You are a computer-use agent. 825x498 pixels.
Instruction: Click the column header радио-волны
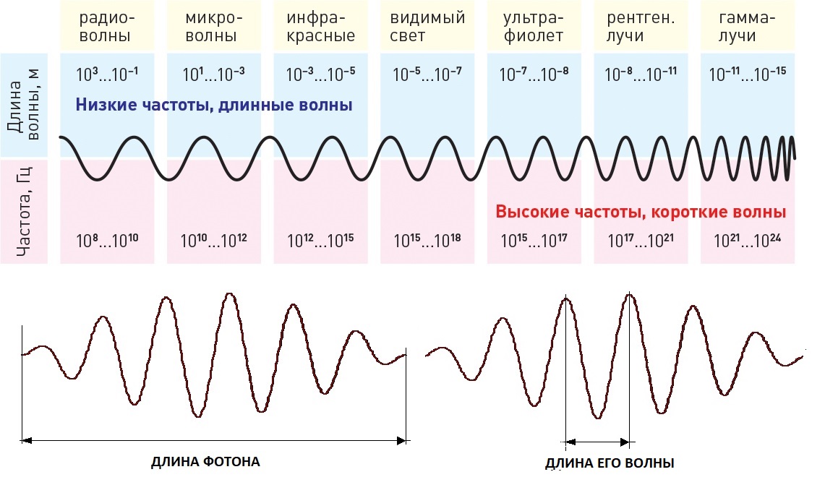point(106,27)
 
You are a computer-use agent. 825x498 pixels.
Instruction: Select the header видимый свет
point(427,27)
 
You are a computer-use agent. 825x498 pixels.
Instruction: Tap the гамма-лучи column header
point(748,27)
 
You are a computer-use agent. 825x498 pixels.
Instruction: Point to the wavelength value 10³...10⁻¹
point(106,74)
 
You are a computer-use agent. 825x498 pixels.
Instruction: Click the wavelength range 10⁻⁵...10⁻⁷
point(427,74)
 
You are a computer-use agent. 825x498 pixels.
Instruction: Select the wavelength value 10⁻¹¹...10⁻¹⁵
point(748,74)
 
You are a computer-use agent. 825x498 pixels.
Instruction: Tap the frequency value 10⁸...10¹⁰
point(106,241)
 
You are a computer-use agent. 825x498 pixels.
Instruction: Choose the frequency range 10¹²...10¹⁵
point(320,241)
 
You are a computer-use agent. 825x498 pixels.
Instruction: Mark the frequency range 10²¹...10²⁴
point(748,241)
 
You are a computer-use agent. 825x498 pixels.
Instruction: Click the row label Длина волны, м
point(24,105)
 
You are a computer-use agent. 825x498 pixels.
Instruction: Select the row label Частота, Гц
point(24,211)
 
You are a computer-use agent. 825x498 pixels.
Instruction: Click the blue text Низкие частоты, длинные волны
point(214,106)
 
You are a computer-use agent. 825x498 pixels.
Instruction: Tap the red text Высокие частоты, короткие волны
point(641,212)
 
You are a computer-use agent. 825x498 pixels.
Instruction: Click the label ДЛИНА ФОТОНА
point(205,462)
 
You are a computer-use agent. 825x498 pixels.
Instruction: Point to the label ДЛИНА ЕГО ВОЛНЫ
point(610,463)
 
